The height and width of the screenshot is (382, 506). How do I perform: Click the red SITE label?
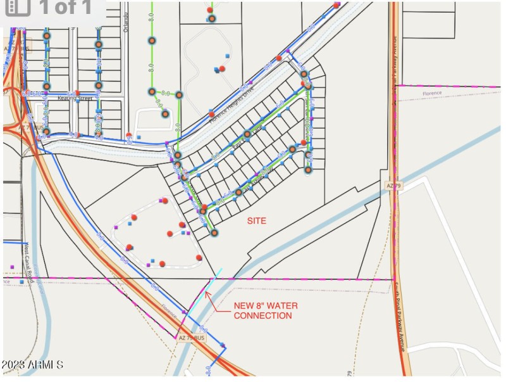tap(256, 221)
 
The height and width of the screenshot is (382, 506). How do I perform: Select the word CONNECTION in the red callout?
tap(263, 315)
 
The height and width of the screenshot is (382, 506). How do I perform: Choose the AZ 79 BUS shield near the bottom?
tap(191, 338)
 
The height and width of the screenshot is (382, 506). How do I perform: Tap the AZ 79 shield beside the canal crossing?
tap(394, 186)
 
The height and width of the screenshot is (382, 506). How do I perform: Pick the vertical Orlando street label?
tap(126, 22)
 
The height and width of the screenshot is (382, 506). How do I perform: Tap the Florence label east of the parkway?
tap(432, 93)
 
